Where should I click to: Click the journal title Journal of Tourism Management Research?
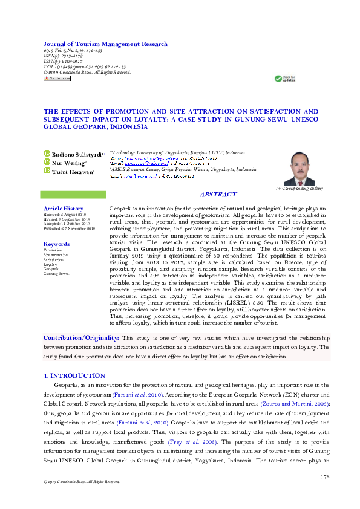click(x=105, y=44)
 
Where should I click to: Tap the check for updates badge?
click(x=284, y=79)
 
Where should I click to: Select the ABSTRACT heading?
click(x=218, y=194)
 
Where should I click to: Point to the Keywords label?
click(x=57, y=244)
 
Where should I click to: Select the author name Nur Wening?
click(x=68, y=163)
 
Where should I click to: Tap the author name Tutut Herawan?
click(x=73, y=171)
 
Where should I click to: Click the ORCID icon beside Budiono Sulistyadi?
click(x=47, y=154)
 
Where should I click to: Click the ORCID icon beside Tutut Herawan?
click(x=47, y=171)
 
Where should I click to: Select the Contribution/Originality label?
click(x=81, y=337)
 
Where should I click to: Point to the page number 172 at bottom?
click(x=324, y=477)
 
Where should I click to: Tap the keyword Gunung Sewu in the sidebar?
click(x=56, y=274)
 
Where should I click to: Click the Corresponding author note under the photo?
click(x=299, y=189)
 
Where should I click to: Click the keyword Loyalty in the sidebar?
click(x=50, y=265)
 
